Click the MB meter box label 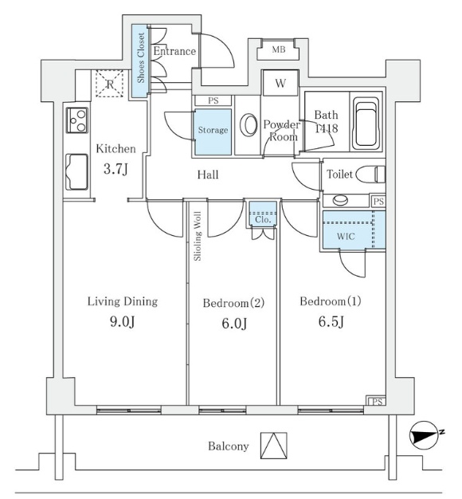[x=279, y=49]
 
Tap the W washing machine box [x=280, y=83]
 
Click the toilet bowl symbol [x=370, y=175]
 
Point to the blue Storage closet [x=213, y=132]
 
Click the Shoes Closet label [x=140, y=58]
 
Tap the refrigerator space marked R [x=109, y=84]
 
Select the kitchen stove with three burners [x=77, y=120]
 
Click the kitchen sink [x=76, y=172]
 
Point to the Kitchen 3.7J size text [x=115, y=169]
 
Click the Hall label [x=208, y=175]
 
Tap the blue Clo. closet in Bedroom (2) [x=263, y=214]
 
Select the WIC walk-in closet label [x=346, y=237]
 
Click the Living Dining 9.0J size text [x=122, y=322]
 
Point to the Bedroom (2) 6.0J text [x=234, y=324]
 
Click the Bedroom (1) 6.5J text [x=331, y=321]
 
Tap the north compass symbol [x=425, y=435]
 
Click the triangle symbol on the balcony [x=274, y=446]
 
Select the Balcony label [x=229, y=446]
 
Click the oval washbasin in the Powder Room [x=249, y=125]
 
